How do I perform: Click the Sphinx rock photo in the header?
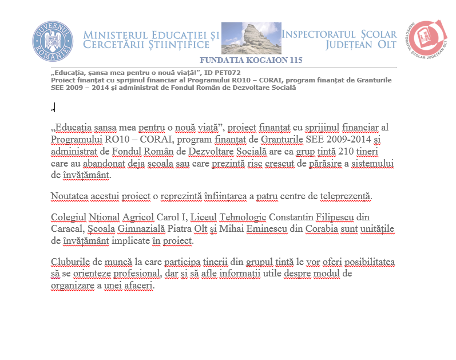click(x=251, y=38)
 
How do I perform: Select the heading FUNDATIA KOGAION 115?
click(x=251, y=60)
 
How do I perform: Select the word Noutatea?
click(x=70, y=196)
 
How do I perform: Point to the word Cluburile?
click(x=70, y=262)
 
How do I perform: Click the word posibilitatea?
click(x=367, y=262)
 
